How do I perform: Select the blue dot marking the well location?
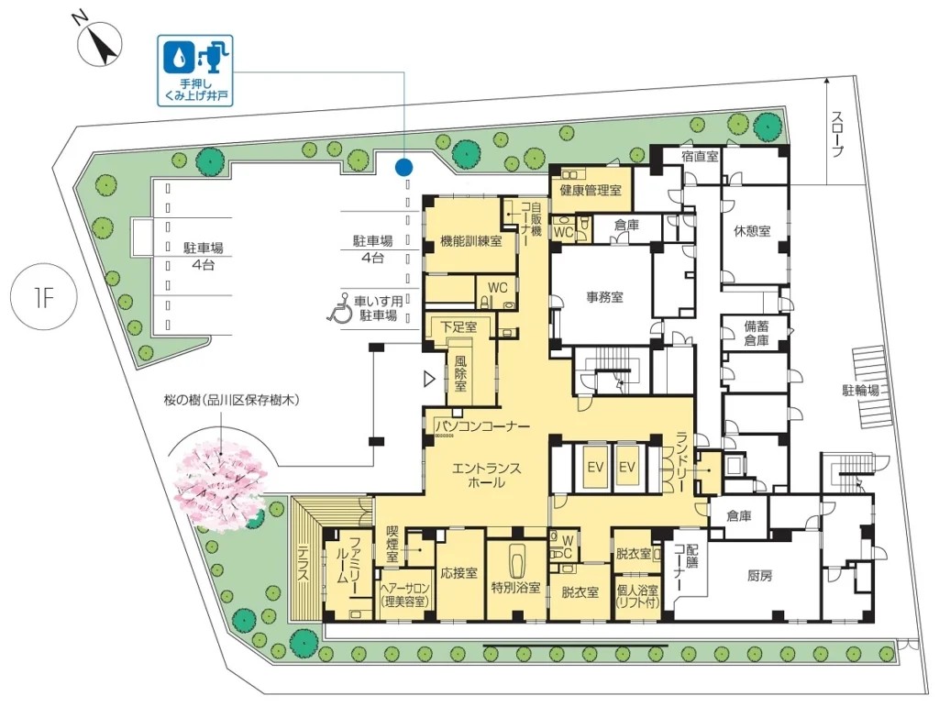[404, 167]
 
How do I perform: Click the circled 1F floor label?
[45, 297]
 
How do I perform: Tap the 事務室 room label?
[604, 297]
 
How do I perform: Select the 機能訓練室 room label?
[470, 241]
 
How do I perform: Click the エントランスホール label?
[486, 475]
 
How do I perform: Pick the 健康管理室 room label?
[591, 191]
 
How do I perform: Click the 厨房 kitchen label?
[759, 577]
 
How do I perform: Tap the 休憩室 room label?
[752, 230]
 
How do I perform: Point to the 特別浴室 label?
[515, 587]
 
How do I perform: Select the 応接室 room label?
[458, 573]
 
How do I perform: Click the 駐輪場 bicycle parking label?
[860, 391]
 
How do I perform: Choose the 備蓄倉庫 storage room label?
[757, 334]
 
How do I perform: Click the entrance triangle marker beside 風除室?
[428, 379]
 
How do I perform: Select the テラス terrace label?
[303, 562]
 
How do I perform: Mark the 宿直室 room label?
[700, 157]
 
